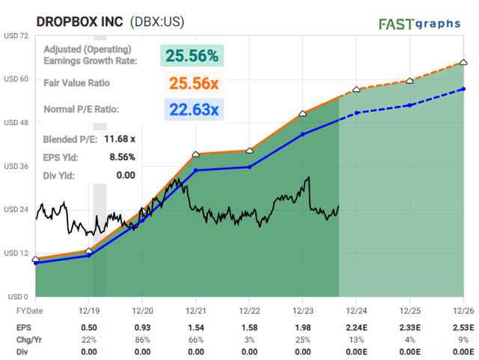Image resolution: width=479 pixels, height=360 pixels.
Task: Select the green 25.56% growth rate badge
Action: (x=192, y=55)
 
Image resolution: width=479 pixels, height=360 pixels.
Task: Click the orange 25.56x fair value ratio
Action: (x=192, y=83)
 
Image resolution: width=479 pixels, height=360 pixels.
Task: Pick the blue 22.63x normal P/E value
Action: (x=192, y=109)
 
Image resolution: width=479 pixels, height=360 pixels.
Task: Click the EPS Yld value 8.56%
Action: (x=120, y=156)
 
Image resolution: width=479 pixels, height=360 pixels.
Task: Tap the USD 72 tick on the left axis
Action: (x=16, y=35)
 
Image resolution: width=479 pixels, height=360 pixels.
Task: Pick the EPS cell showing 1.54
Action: (x=195, y=328)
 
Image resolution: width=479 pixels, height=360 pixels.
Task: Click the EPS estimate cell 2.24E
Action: (x=356, y=328)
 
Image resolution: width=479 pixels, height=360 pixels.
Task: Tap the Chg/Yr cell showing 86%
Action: (x=142, y=339)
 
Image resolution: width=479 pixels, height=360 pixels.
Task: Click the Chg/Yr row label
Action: (x=30, y=339)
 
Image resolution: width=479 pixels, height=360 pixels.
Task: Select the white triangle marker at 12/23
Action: (x=302, y=114)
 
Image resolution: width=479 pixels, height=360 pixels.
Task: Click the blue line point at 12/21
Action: (x=195, y=171)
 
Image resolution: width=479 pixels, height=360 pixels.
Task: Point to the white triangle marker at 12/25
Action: (x=409, y=80)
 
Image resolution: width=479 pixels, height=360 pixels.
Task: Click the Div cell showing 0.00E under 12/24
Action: (x=356, y=350)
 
